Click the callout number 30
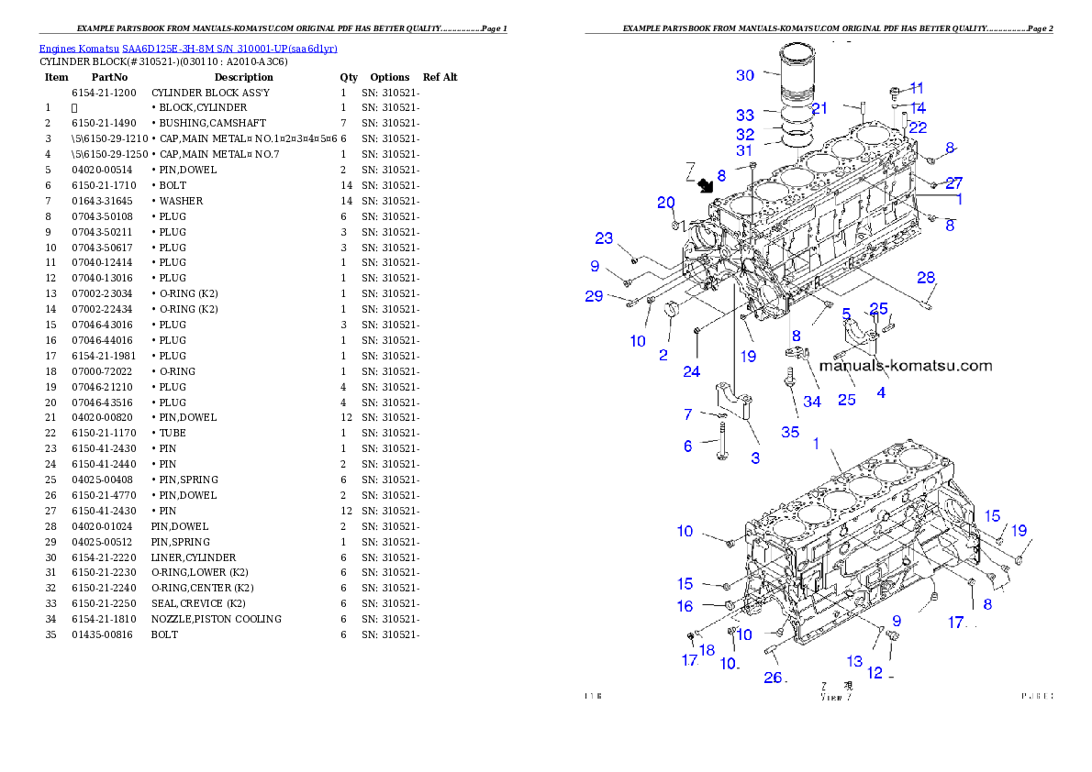coord(744,75)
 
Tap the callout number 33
coord(744,116)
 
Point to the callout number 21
coord(819,108)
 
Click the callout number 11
coord(917,88)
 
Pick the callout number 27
coord(954,182)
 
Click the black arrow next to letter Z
coord(707,186)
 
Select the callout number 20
coord(665,203)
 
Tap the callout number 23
coord(603,238)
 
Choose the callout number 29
coord(595,295)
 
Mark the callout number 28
coord(926,277)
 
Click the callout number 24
coord(691,371)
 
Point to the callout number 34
coord(812,401)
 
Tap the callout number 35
coord(790,432)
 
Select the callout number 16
coord(685,606)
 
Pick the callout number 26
coord(773,678)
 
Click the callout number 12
coord(874,673)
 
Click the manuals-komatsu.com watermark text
coord(905,365)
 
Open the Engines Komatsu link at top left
coord(188,48)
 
